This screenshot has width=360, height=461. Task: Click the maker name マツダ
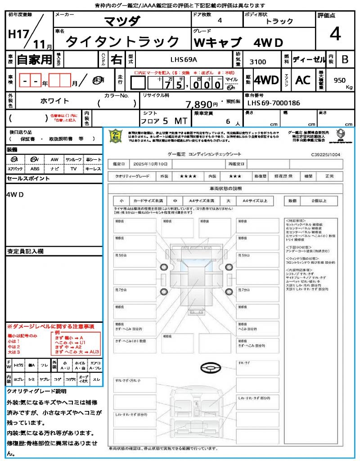coord(122,21)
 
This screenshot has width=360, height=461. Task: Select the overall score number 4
coord(334,34)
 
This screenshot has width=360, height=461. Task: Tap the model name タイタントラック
coord(122,42)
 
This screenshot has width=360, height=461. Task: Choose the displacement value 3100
coord(257,62)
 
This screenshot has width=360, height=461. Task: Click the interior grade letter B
coord(345,59)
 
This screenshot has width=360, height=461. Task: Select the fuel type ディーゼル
coord(309,59)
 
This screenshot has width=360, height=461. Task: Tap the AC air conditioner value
coord(303,80)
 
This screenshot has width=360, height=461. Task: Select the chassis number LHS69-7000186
coord(274,103)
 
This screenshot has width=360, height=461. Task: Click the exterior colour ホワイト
coord(55,101)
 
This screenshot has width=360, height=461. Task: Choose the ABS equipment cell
coord(35,169)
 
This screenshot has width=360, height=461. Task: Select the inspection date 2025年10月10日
coord(153,164)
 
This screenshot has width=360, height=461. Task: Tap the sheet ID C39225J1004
coord(325,154)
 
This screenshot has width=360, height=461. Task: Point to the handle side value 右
coord(116,59)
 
